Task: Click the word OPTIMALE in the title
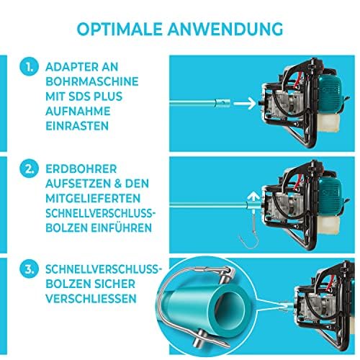pos(120,30)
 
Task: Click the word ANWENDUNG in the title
pos(225,30)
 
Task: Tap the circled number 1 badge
pos(29,67)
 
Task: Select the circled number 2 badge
pos(29,168)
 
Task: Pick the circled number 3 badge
pos(29,269)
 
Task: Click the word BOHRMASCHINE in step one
pos(92,81)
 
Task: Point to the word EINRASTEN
pos(77,126)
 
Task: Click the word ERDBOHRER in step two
pos(81,169)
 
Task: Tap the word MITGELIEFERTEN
pos(93,199)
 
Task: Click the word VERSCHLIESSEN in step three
pos(91,299)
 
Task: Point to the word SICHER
pos(114,284)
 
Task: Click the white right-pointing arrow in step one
pos(245,104)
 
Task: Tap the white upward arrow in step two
pos(253,197)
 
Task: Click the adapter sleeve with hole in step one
pos(222,104)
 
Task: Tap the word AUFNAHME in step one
pos(78,111)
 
